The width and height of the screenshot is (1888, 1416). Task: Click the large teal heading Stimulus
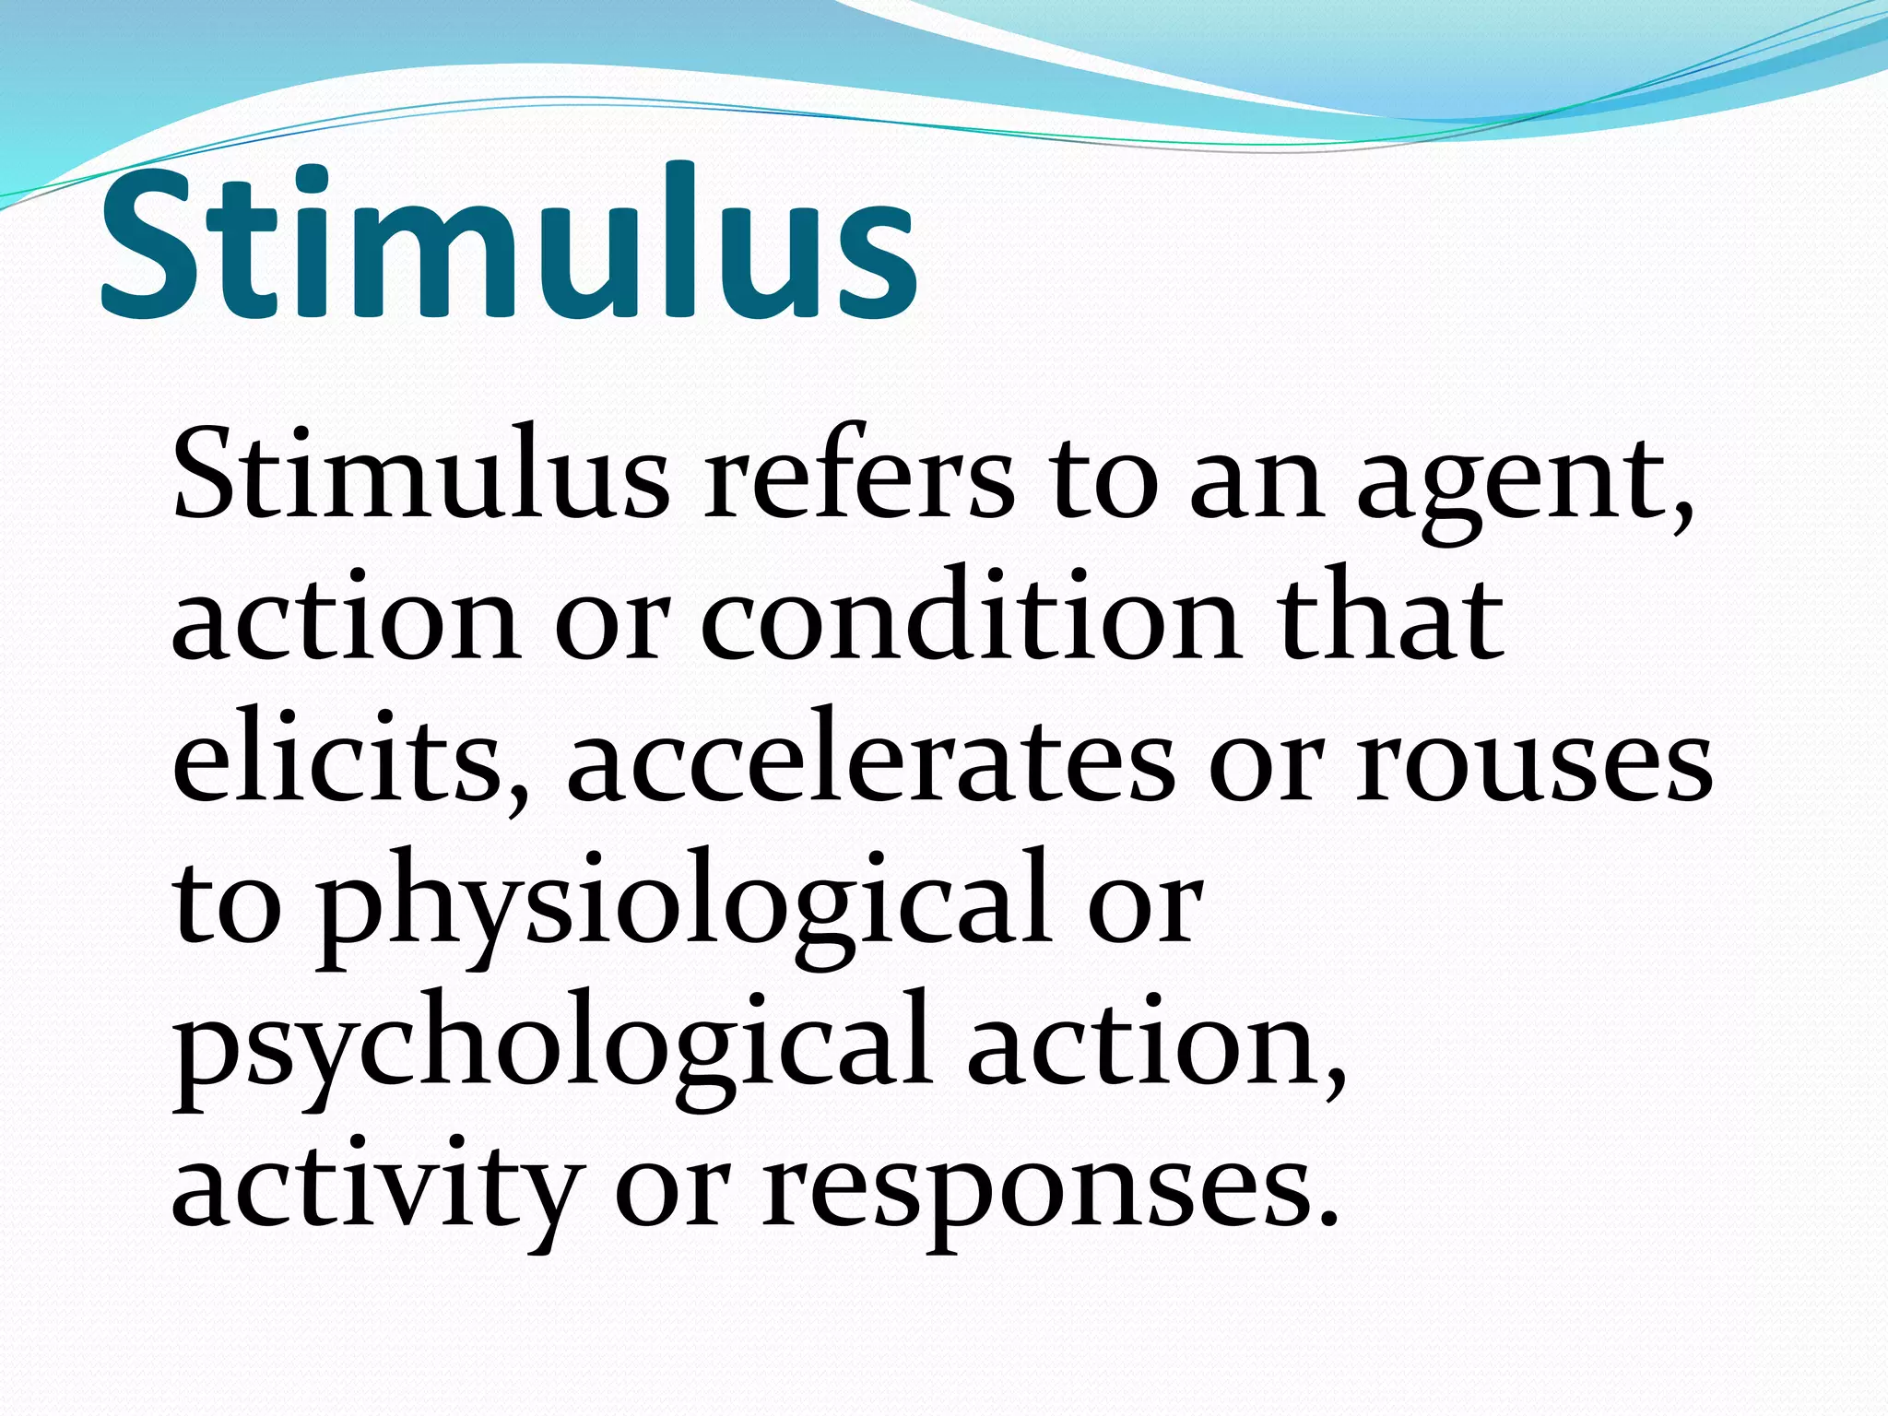coord(508,244)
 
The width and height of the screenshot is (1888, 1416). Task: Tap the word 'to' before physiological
coord(227,908)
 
